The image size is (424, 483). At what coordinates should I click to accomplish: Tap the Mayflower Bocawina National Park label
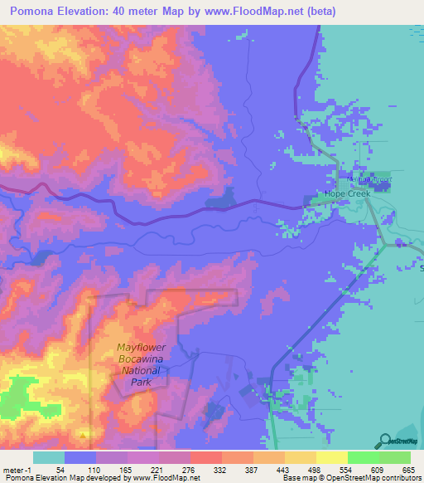pyautogui.click(x=142, y=368)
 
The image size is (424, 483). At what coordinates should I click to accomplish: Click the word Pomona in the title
pyautogui.click(x=38, y=11)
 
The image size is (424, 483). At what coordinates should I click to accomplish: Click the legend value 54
pyautogui.click(x=60, y=470)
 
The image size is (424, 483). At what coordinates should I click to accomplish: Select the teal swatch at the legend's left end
pyautogui.click(x=49, y=457)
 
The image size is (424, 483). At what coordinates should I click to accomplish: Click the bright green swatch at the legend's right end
pyautogui.click(x=395, y=457)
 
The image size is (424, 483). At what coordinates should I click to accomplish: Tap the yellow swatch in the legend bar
pyautogui.click(x=332, y=457)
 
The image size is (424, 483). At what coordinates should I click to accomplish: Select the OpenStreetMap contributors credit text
pyautogui.click(x=363, y=479)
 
